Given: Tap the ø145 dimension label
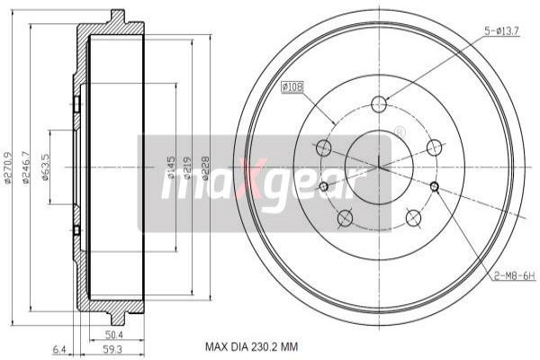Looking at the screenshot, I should coord(171,166).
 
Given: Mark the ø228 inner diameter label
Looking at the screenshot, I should coord(206,166).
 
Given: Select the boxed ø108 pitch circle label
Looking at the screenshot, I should coord(294,87).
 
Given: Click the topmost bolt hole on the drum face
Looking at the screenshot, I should coord(379,103).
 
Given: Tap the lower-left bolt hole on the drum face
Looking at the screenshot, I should coord(344,218).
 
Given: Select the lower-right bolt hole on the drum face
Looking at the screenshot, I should coord(414,218).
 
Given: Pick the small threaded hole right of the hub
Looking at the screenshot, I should coord(435,187).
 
